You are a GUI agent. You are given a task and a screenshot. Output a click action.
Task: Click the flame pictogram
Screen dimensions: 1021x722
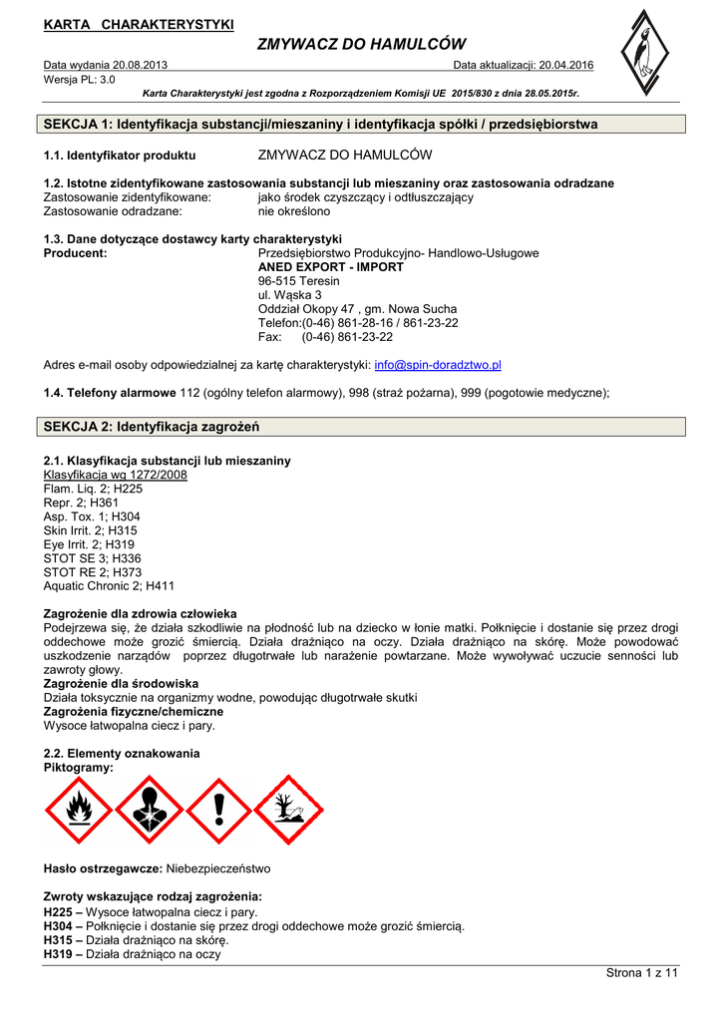click(80, 810)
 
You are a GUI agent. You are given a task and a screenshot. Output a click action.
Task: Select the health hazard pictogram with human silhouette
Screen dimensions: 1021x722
click(150, 810)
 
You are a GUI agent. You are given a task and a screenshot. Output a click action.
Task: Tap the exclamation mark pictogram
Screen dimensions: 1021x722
click(219, 810)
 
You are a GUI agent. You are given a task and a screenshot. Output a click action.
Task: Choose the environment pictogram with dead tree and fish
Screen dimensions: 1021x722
click(288, 810)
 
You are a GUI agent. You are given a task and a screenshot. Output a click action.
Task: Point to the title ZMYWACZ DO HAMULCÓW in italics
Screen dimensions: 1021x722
click(361, 44)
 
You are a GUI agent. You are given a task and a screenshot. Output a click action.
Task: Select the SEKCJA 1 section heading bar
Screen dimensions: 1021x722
click(360, 125)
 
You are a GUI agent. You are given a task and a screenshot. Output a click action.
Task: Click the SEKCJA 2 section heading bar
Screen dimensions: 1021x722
click(360, 427)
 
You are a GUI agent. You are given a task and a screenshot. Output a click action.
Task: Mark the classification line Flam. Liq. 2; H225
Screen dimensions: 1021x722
click(93, 490)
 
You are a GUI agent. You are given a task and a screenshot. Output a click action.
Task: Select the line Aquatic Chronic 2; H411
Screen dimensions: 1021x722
click(109, 587)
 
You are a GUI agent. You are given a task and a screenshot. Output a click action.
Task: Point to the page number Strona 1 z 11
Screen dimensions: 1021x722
click(642, 973)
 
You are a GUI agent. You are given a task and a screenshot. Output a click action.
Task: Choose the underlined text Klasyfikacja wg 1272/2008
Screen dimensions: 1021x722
click(116, 476)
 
